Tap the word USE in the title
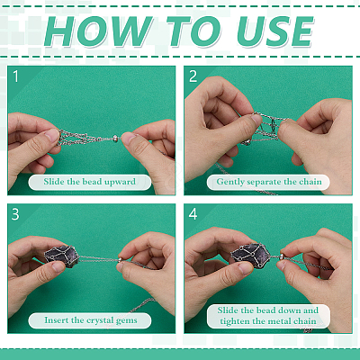274,31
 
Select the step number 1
16,76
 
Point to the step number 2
193,76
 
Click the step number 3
15,214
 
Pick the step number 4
193,214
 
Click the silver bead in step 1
115,139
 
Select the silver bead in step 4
283,257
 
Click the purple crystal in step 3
62,256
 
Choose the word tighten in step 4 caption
235,321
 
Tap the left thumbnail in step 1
52,137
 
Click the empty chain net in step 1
81,138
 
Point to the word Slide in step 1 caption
54,182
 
